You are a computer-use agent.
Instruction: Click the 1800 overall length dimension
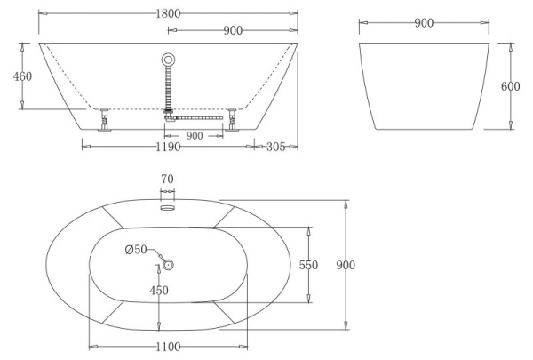pyautogui.click(x=167, y=13)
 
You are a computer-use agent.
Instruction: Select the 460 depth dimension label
pyautogui.click(x=22, y=76)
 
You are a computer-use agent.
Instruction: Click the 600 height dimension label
pyautogui.click(x=511, y=86)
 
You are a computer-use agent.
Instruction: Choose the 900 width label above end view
pyautogui.click(x=424, y=23)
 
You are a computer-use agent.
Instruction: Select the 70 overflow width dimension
pyautogui.click(x=167, y=180)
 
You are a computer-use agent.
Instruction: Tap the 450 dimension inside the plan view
pyautogui.click(x=159, y=291)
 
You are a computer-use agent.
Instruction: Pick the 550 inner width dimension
pyautogui.click(x=308, y=265)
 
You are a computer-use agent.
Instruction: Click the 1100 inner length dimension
pyautogui.click(x=169, y=347)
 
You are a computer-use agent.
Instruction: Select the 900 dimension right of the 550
pyautogui.click(x=347, y=265)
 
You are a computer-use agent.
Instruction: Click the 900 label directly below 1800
pyautogui.click(x=233, y=30)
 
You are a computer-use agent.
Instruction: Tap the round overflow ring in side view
pyautogui.click(x=169, y=60)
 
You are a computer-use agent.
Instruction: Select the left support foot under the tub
pyautogui.click(x=105, y=118)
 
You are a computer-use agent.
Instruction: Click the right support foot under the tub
pyautogui.click(x=234, y=118)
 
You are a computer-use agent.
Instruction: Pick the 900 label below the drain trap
pyautogui.click(x=195, y=136)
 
